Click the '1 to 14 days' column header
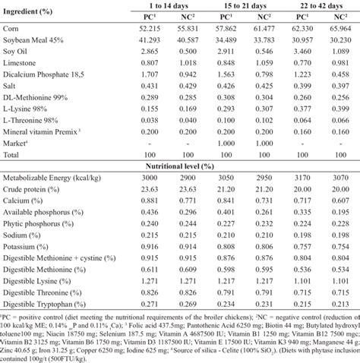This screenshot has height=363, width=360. tap(173, 7)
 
